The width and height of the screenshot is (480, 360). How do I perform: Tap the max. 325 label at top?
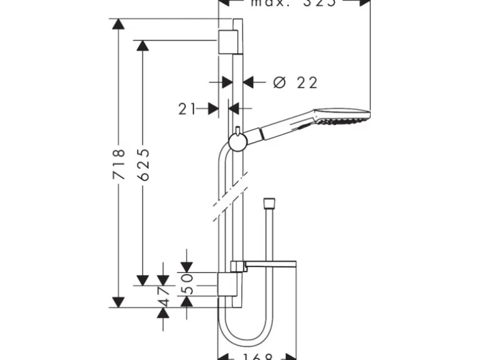click(x=293, y=2)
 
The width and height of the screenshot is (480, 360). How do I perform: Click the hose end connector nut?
click(x=269, y=202)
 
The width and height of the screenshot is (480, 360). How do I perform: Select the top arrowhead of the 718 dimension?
click(x=118, y=25)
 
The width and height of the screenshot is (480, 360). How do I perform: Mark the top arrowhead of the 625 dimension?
click(x=143, y=46)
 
